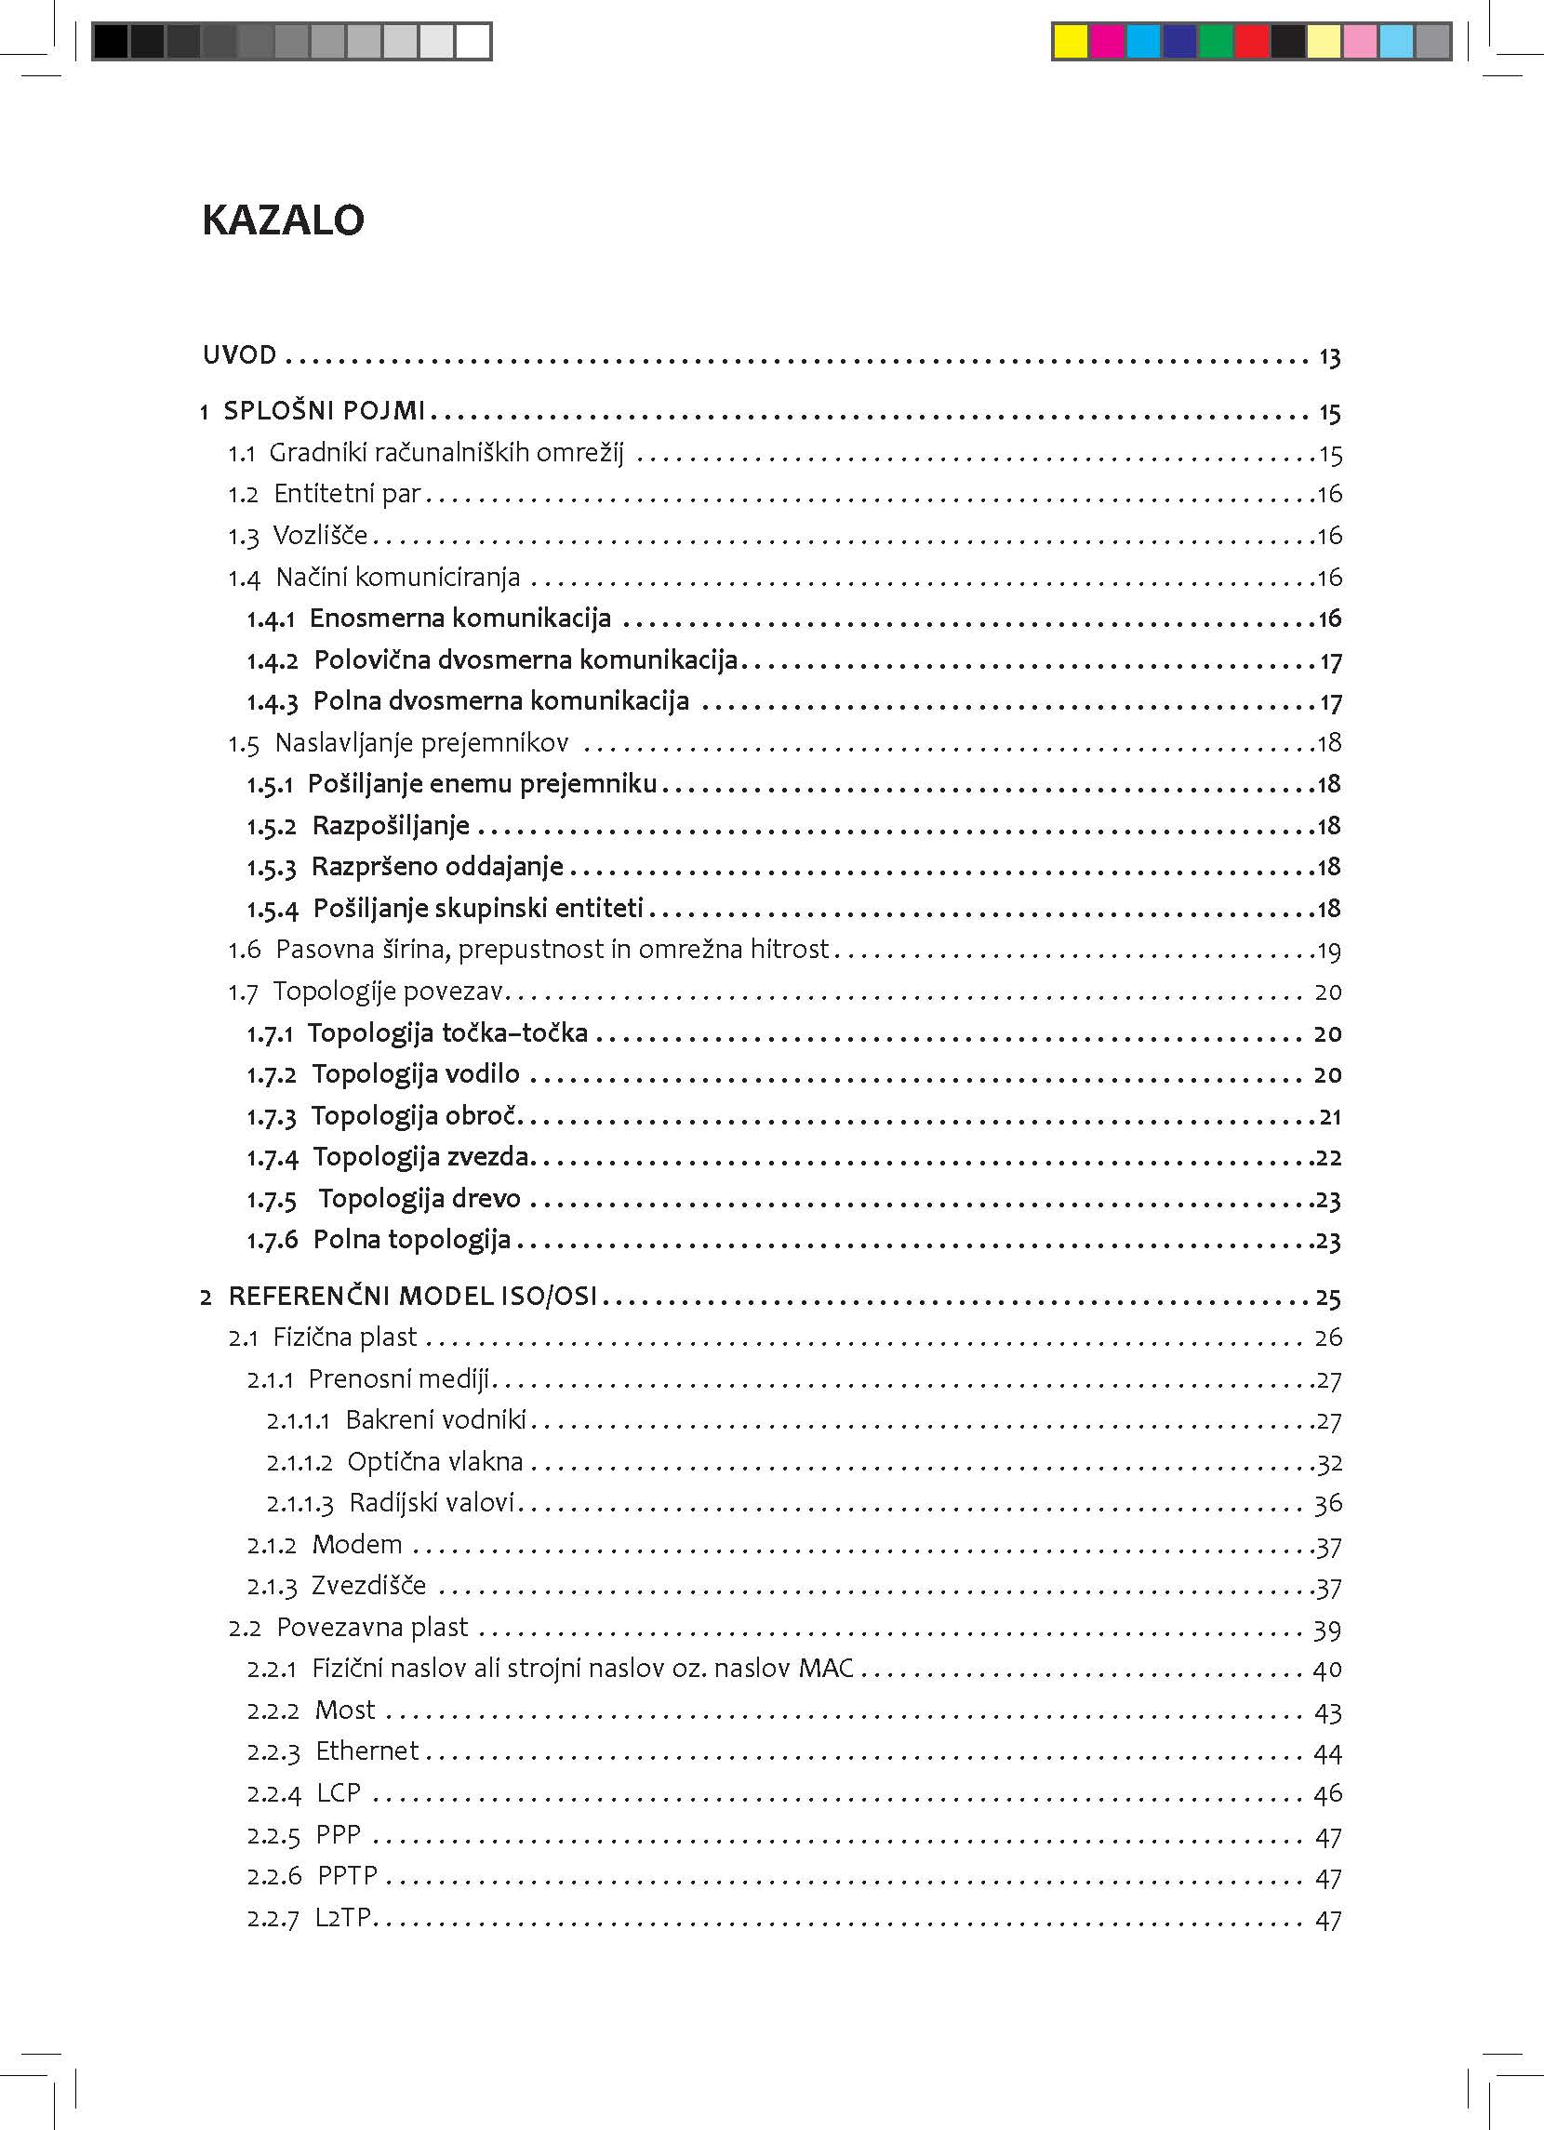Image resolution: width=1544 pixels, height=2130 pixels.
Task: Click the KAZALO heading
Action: coord(283,220)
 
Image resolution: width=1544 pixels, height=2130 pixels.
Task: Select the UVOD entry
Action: coord(239,356)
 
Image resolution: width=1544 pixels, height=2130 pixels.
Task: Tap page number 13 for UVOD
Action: coord(1329,358)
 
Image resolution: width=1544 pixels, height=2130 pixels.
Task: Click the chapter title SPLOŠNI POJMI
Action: coord(324,411)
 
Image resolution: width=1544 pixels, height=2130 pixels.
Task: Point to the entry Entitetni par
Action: coord(347,494)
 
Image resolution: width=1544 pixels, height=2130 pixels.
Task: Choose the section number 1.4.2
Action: coord(273,661)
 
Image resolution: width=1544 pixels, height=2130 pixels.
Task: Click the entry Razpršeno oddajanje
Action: coord(437,867)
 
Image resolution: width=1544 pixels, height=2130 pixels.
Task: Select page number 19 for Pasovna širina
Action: coord(1329,952)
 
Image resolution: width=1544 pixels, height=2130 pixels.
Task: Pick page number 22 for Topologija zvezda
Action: coord(1328,1158)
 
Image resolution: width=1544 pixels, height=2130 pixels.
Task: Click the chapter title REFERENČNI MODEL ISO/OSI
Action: coord(412,1297)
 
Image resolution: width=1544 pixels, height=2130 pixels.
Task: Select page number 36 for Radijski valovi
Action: coord(1328,1505)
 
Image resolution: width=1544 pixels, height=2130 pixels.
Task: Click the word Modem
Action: coord(357,1545)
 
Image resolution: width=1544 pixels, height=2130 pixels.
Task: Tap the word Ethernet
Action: coord(367,1751)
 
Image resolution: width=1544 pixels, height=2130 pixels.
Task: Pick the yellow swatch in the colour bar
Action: coord(1070,42)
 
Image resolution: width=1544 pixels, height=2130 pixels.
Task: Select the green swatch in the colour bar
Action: coord(1216,42)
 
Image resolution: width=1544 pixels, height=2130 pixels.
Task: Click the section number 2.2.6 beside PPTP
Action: coord(274,1876)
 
